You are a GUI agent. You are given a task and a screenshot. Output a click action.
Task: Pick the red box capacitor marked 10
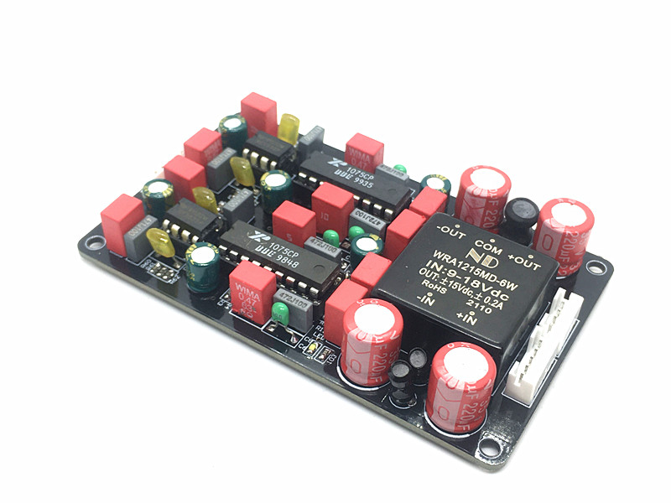click(x=333, y=205)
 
